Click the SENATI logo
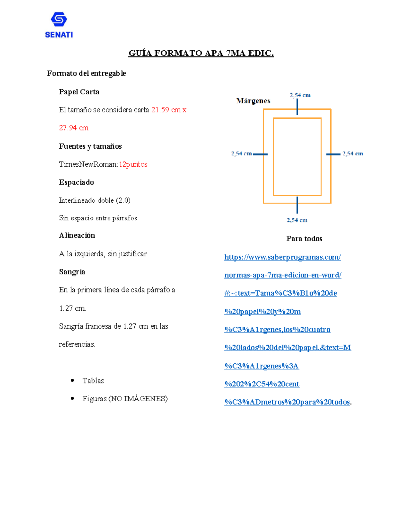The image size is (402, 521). [x=59, y=25]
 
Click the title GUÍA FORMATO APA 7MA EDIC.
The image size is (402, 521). [x=201, y=53]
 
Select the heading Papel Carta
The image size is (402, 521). [x=79, y=92]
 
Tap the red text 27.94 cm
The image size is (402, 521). [x=74, y=128]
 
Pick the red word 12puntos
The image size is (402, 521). [x=133, y=164]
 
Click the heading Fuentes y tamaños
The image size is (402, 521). [x=90, y=146]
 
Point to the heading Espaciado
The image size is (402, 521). [x=76, y=183]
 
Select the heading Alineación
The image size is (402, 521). [x=77, y=236]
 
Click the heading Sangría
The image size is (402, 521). [x=72, y=272]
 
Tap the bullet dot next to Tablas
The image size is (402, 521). [x=72, y=380]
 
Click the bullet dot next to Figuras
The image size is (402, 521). [x=72, y=399]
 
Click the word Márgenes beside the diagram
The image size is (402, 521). [x=253, y=101]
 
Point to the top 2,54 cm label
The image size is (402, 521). [x=300, y=95]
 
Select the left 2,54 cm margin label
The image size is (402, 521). [x=241, y=154]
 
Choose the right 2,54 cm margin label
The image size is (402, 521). [x=353, y=154]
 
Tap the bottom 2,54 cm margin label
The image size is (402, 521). [x=297, y=220]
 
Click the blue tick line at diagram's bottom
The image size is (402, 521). [x=297, y=205]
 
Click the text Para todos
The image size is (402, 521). [x=304, y=239]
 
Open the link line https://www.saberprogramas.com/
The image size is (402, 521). [x=282, y=257]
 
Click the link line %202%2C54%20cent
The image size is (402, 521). [x=262, y=384]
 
